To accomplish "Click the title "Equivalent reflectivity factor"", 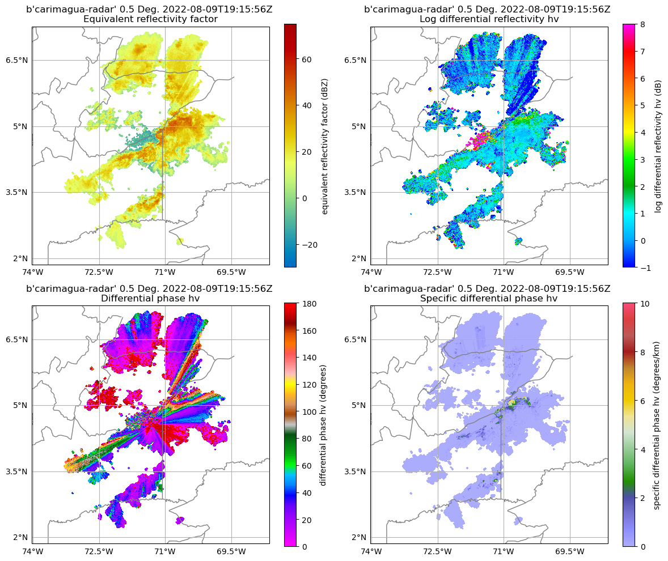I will [150, 19].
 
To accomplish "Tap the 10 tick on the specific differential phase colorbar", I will [645, 304].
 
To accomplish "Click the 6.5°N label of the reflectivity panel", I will [18, 60].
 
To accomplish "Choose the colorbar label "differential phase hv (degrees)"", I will [323, 425].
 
